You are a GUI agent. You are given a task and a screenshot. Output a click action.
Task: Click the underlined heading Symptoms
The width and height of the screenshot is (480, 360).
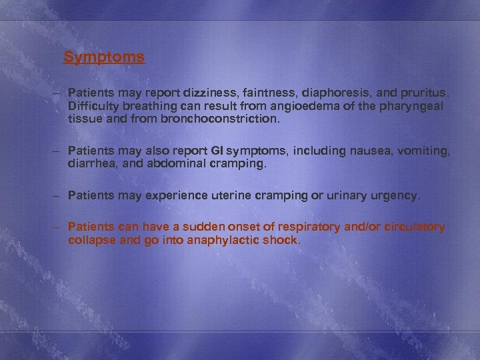click(104, 57)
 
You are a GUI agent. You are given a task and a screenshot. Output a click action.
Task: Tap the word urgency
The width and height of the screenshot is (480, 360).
click(393, 196)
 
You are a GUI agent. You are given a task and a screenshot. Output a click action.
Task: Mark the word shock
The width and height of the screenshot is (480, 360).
click(283, 240)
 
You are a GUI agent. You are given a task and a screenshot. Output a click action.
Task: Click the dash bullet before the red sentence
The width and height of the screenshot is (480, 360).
click(59, 227)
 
